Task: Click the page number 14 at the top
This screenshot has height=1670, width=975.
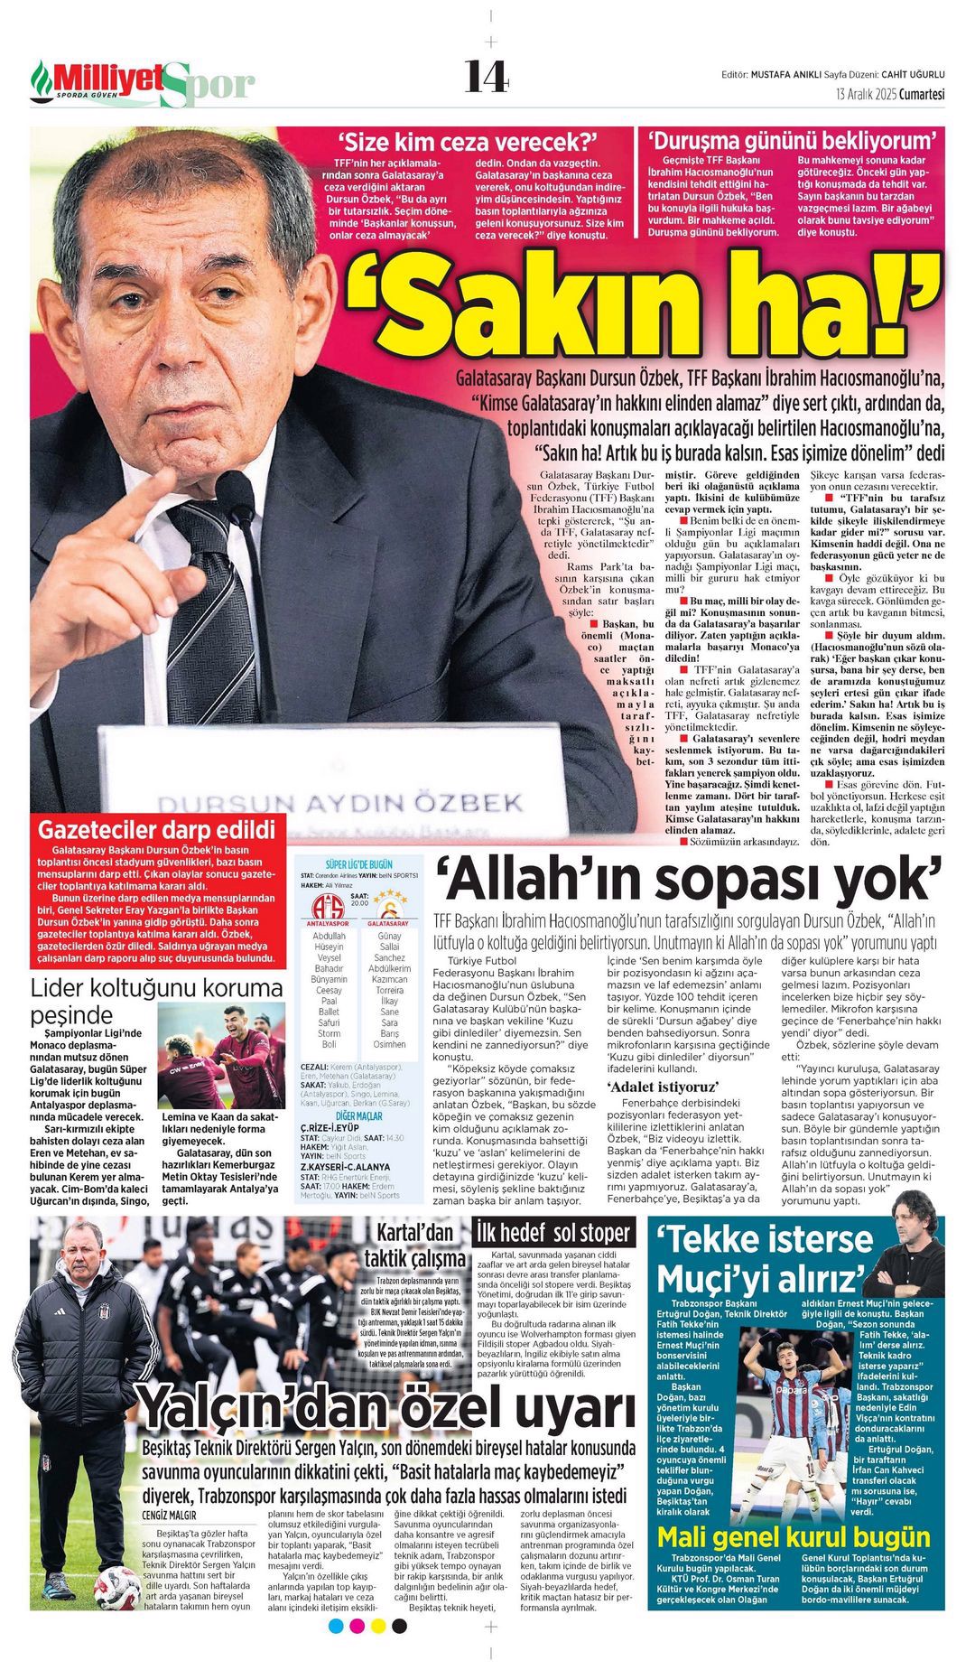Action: (487, 78)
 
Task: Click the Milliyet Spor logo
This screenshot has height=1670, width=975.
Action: (143, 83)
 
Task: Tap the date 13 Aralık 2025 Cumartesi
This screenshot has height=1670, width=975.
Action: (889, 95)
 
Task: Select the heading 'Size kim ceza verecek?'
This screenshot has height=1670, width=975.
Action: (469, 142)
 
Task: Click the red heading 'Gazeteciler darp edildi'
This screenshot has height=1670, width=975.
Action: (156, 829)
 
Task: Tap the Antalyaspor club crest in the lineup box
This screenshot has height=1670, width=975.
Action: (327, 906)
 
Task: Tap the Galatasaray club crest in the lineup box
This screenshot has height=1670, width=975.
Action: (387, 904)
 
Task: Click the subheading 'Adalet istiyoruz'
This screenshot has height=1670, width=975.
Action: (663, 1087)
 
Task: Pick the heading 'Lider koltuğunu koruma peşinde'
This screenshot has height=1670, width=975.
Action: (156, 1000)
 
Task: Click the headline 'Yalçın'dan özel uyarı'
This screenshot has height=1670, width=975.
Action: (385, 1408)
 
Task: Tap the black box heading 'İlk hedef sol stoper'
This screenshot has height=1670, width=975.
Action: (554, 1233)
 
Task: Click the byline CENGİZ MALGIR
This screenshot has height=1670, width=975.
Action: (169, 1515)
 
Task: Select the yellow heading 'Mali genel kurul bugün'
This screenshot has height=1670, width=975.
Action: (793, 1536)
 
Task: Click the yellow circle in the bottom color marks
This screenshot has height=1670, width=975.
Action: (378, 1626)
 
